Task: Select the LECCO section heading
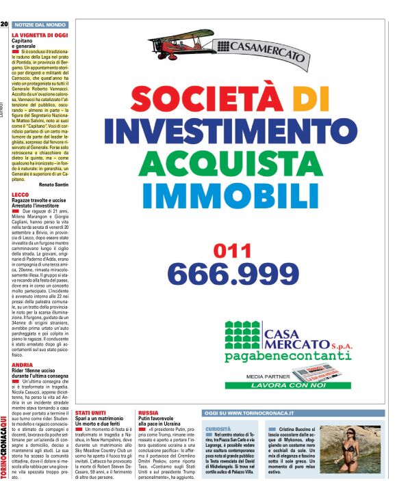click(21, 195)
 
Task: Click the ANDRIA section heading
click(22, 365)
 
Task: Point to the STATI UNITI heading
click(91, 413)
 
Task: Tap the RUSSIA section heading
click(149, 413)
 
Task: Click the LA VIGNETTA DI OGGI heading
click(40, 34)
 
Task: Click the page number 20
click(4, 24)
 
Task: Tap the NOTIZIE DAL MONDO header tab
click(39, 25)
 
